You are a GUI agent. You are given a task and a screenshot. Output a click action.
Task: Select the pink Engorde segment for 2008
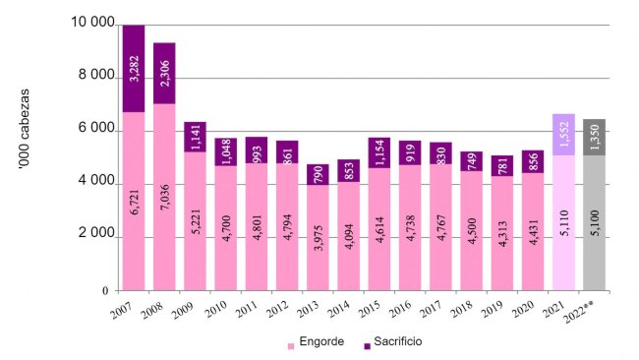pyautogui.click(x=164, y=197)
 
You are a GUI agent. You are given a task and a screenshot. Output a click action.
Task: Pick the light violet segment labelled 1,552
pyautogui.click(x=562, y=134)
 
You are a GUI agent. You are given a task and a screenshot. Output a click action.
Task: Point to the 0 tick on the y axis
pyautogui.click(x=105, y=291)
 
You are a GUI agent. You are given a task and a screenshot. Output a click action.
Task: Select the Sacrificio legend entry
pyautogui.click(x=393, y=345)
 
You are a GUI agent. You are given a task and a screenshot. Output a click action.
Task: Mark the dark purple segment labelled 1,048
pyautogui.click(x=226, y=151)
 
